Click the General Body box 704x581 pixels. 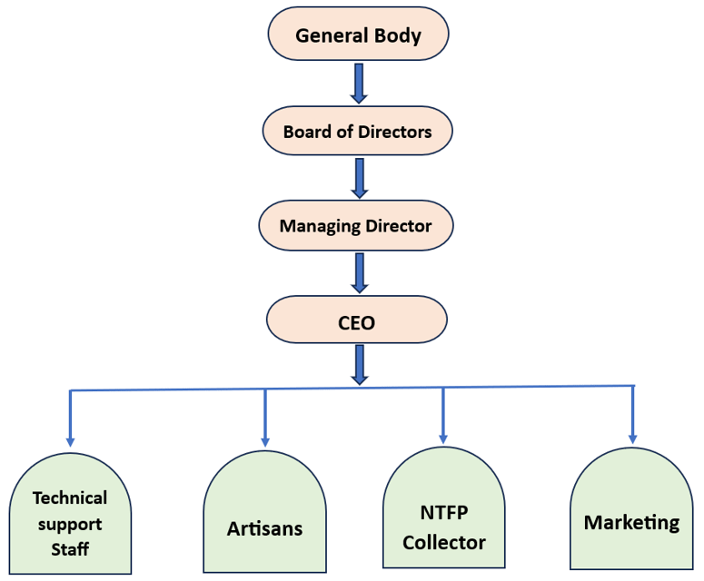click(358, 34)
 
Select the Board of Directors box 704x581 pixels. click(357, 131)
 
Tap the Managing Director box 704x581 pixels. click(355, 225)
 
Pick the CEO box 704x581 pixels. click(357, 320)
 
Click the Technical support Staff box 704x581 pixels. click(70, 514)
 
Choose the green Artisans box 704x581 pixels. click(265, 512)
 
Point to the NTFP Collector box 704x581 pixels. click(444, 507)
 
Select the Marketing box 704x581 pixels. click(631, 508)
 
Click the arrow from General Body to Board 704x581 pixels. click(359, 84)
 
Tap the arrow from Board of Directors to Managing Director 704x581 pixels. click(359, 178)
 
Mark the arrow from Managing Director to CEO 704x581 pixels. click(359, 273)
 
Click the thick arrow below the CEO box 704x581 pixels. click(359, 365)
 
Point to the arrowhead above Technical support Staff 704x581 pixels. click(70, 442)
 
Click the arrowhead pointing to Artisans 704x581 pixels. click(265, 442)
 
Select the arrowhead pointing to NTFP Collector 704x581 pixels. click(443, 439)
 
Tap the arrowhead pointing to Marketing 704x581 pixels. click(633, 439)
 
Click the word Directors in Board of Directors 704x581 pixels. click(394, 132)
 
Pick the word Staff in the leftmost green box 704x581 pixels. click(70, 549)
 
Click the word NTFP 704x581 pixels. click(444, 512)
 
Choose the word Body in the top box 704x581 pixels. click(398, 36)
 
